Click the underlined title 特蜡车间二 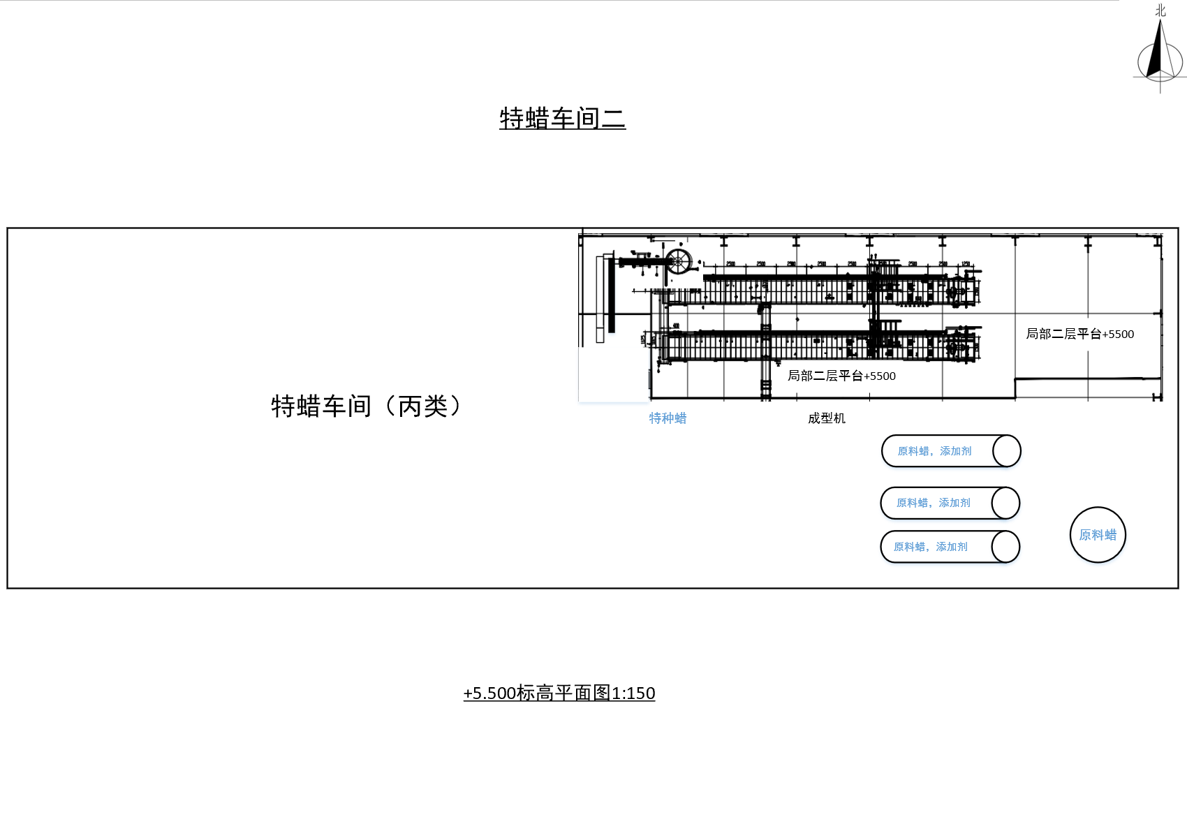coord(562,119)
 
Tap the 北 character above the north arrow coord(1160,10)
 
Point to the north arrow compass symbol coord(1160,59)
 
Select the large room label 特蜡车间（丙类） coord(367,406)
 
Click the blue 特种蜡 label coord(668,418)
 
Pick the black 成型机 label coord(827,418)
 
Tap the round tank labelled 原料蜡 coord(1098,535)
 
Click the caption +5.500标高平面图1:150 coord(559,693)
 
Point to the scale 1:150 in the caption coord(634,693)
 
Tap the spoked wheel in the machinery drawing coord(677,263)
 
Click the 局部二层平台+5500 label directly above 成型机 coord(841,376)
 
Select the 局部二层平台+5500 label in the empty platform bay coord(1079,334)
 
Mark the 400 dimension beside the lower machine coord(676,325)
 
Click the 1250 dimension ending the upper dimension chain coord(966,264)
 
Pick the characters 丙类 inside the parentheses coord(422,406)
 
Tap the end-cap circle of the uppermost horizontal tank coord(1006,451)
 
